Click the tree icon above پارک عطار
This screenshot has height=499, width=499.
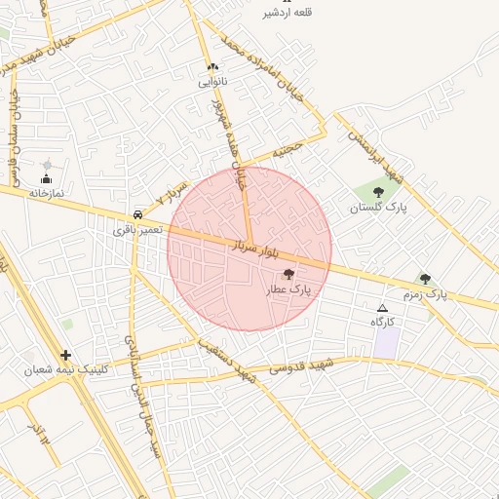point(288,275)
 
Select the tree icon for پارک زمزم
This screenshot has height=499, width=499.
point(424,279)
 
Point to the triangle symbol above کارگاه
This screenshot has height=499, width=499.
point(382,308)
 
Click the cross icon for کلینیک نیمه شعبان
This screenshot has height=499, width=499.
point(65,356)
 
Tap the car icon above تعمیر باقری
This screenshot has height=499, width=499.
point(137,215)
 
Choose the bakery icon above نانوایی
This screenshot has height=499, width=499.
point(212,67)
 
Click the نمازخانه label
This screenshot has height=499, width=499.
point(46,193)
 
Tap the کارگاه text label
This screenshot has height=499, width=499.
point(382,322)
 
